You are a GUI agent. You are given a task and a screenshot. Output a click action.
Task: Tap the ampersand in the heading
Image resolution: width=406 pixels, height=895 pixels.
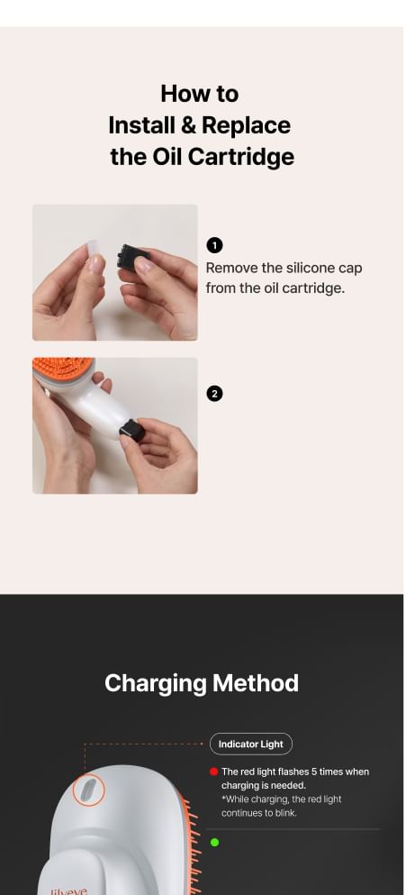point(188,125)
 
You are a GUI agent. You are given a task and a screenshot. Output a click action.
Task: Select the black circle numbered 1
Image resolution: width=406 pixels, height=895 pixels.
point(214,245)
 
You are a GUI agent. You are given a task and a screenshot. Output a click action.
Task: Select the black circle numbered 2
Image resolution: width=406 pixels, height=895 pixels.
point(214,394)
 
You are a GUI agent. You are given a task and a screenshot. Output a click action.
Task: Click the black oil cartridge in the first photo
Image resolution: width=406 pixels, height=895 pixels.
point(132,259)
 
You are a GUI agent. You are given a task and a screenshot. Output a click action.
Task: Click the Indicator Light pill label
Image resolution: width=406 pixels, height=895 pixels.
point(251,744)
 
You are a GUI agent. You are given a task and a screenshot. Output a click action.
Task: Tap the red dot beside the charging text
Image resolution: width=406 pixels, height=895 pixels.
point(214,772)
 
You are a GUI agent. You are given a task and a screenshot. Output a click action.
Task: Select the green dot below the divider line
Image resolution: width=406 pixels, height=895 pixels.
point(214,842)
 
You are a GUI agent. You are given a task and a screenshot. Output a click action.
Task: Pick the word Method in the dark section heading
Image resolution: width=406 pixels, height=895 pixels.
point(256,682)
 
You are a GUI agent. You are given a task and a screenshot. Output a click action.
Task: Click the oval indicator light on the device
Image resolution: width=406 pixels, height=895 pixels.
point(89,790)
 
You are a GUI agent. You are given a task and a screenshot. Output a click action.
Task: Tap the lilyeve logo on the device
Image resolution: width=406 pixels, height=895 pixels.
point(69,890)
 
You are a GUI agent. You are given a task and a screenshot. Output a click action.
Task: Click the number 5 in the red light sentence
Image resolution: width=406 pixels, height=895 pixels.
point(314,772)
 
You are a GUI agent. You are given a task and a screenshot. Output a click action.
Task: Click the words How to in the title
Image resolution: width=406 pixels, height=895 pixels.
point(200,94)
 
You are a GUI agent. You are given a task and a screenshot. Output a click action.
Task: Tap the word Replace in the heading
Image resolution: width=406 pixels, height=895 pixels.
point(246,125)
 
